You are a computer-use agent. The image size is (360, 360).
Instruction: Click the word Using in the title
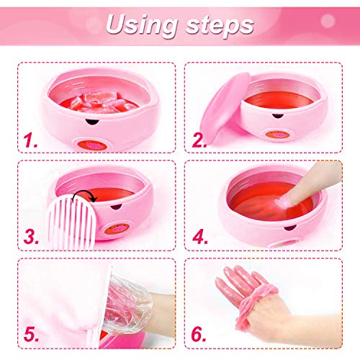140,24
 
